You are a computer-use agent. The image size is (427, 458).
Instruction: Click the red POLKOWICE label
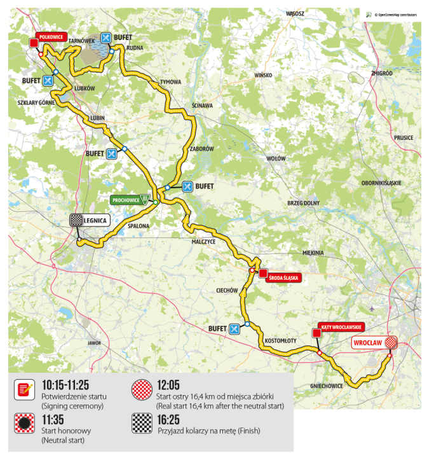pos(51,37)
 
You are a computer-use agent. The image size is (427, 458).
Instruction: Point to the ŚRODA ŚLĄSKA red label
pos(283,277)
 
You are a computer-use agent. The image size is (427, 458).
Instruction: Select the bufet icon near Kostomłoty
pos(234,328)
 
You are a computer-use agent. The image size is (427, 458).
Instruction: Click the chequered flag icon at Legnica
pos(76,220)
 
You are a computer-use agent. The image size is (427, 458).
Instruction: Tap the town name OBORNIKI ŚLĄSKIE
pos(381,183)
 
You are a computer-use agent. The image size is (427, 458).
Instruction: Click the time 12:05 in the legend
pos(171,385)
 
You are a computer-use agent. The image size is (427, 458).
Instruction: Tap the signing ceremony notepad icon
pos(24,389)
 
